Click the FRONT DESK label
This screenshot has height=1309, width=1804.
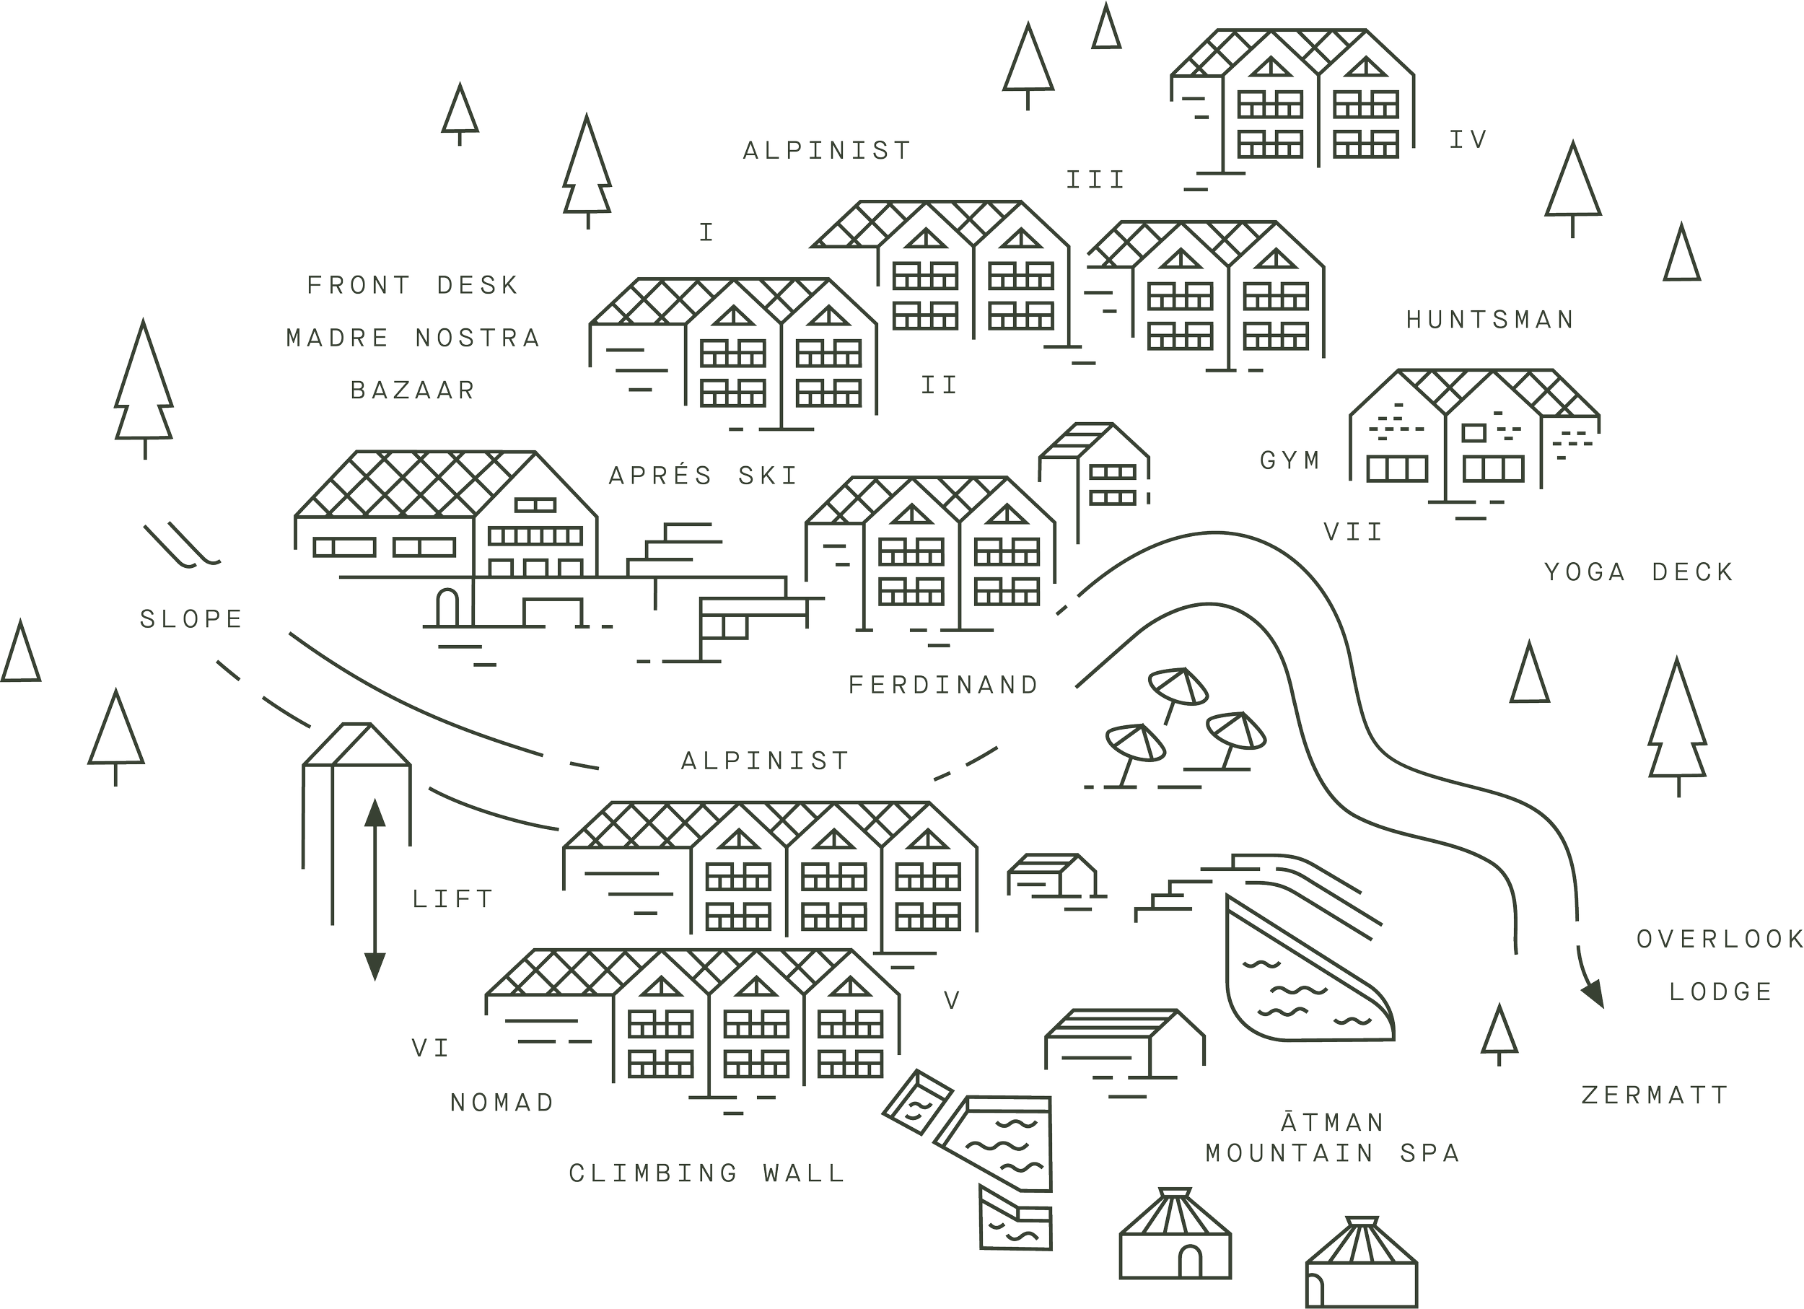click(x=412, y=285)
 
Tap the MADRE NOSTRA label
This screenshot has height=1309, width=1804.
click(x=413, y=338)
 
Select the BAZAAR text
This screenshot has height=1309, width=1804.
click(x=413, y=390)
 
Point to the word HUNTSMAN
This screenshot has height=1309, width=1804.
click(x=1490, y=320)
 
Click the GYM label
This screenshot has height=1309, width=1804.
click(x=1289, y=460)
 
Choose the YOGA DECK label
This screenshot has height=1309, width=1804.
click(x=1639, y=572)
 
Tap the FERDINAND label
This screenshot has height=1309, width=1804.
click(x=943, y=685)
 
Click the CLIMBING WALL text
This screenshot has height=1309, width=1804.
click(x=706, y=1173)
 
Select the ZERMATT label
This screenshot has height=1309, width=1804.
click(x=1655, y=1095)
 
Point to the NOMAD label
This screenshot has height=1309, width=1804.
click(x=502, y=1102)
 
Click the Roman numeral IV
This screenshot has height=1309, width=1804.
click(x=1468, y=140)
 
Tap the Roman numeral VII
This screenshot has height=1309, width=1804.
click(x=1353, y=531)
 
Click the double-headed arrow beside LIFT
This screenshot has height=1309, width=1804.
click(x=375, y=890)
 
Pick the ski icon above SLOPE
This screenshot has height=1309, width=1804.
click(x=181, y=545)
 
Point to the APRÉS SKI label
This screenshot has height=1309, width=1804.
click(x=702, y=476)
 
